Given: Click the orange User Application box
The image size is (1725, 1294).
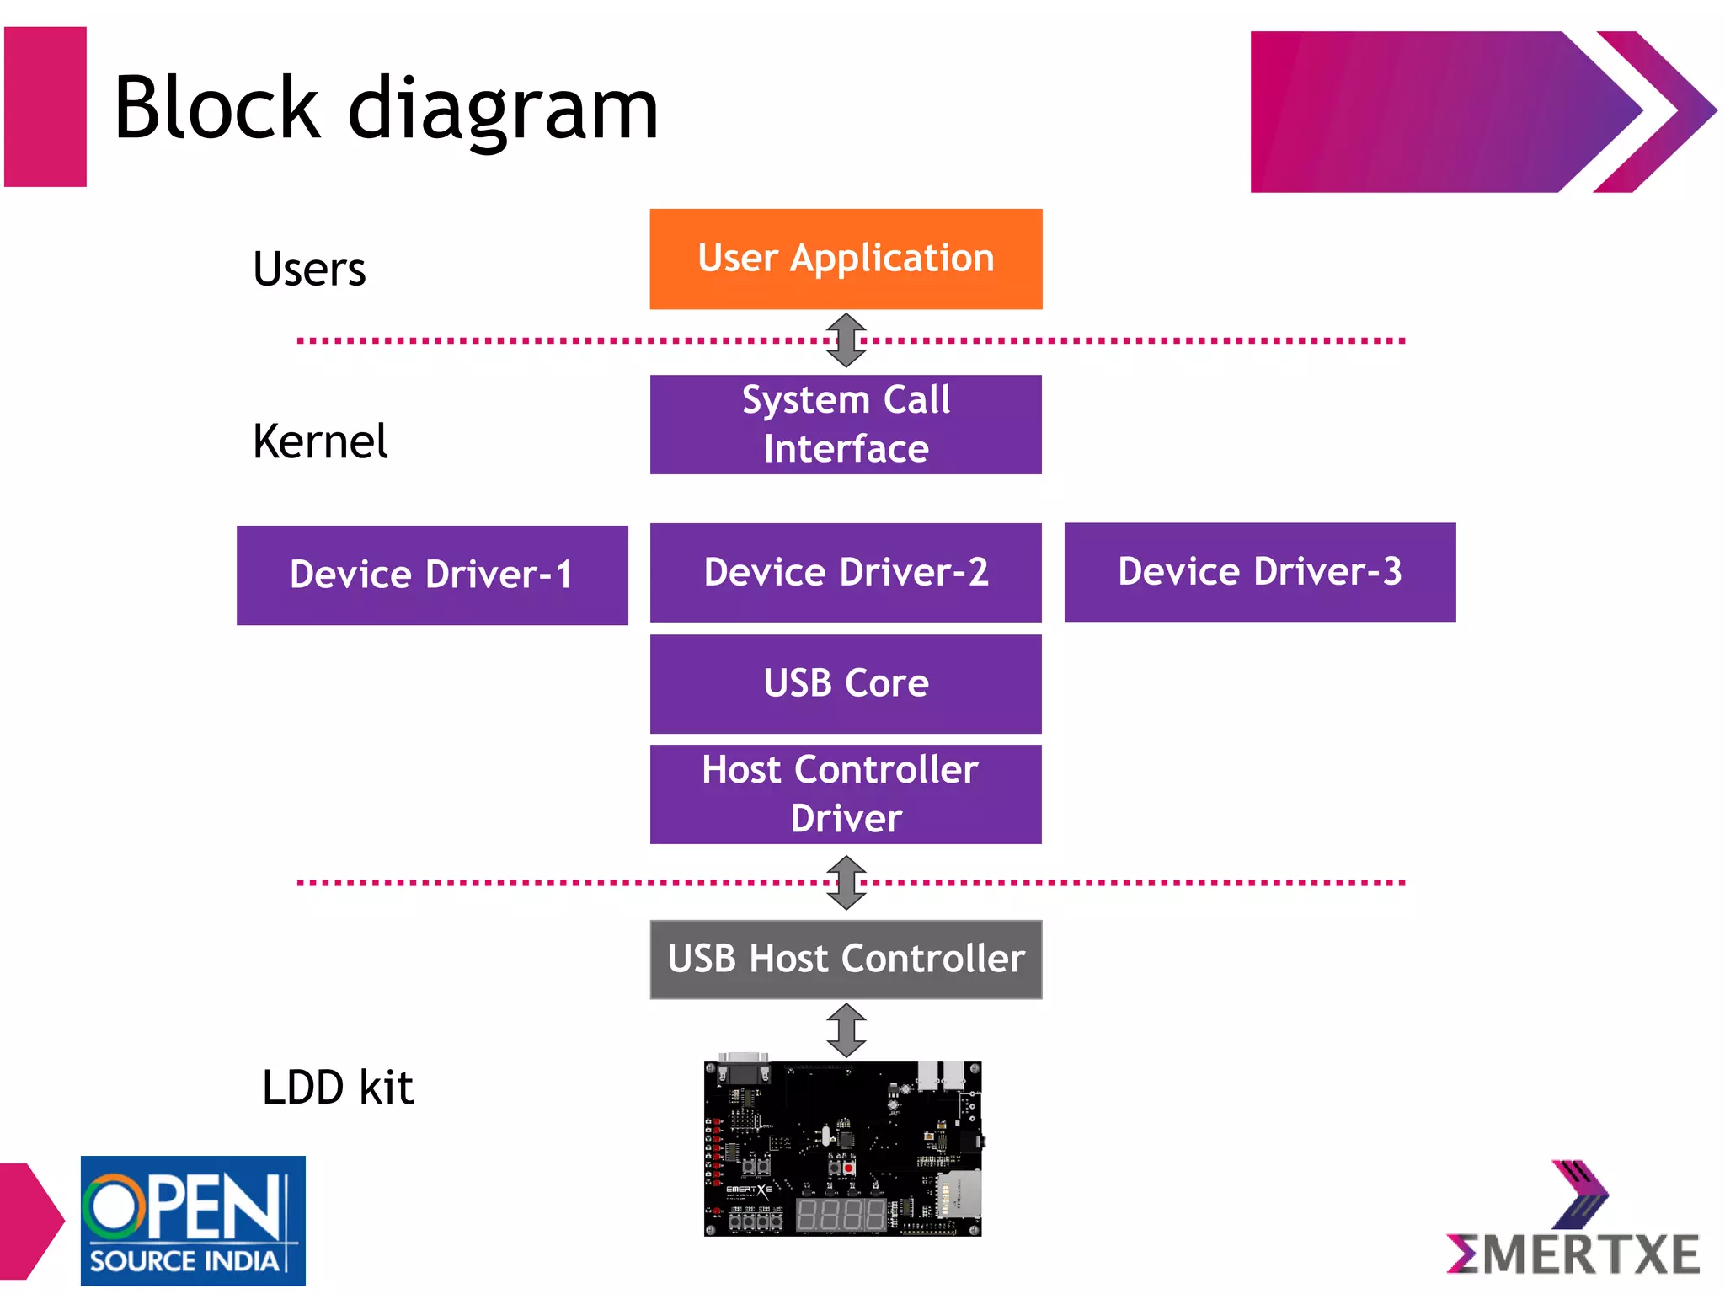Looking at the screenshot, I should [x=846, y=259].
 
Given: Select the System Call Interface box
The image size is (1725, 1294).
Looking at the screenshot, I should [x=846, y=425].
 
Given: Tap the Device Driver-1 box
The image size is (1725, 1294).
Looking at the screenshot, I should [x=432, y=575].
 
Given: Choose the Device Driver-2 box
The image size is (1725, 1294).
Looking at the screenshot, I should [x=846, y=573].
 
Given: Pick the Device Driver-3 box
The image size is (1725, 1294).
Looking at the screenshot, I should [x=1259, y=572].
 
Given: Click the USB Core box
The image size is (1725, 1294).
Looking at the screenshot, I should [x=846, y=683].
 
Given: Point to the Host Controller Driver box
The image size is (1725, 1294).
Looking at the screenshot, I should [x=846, y=794].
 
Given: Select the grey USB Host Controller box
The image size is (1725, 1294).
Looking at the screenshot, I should [x=846, y=959].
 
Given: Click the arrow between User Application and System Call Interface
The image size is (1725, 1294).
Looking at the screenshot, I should [x=846, y=340].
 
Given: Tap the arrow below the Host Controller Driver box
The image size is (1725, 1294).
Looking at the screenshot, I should [x=846, y=882].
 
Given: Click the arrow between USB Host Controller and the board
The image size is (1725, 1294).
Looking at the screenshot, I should [x=846, y=1029].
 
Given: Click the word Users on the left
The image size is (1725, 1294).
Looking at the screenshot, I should [x=309, y=270].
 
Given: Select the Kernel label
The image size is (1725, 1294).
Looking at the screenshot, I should [x=320, y=441].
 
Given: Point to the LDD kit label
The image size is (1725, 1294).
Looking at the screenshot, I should [x=338, y=1087].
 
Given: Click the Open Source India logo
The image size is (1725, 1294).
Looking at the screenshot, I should [x=193, y=1220].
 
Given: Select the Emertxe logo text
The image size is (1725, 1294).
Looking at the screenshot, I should [x=1573, y=1254].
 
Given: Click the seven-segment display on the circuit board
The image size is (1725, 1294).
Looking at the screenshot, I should [x=841, y=1215].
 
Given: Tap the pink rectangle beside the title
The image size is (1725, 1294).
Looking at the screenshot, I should [x=45, y=106].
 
